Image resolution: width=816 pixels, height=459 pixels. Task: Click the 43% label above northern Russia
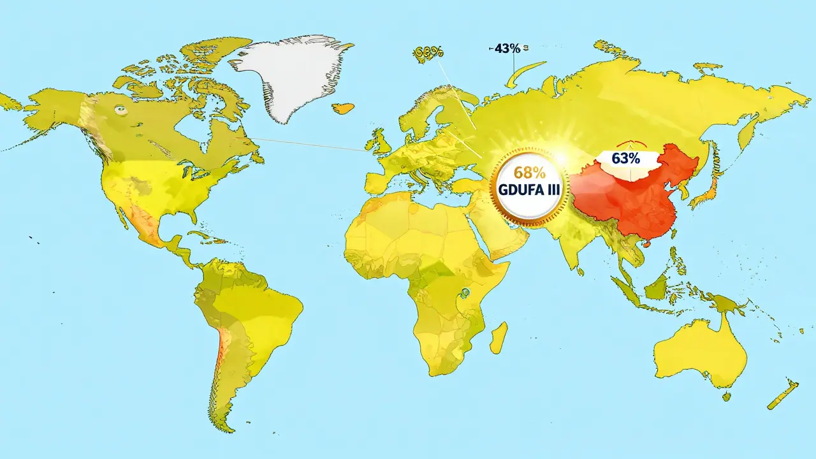click(x=504, y=48)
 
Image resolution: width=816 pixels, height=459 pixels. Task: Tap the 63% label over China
click(x=625, y=159)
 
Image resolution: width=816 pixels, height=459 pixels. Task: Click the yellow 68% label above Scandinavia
click(x=428, y=53)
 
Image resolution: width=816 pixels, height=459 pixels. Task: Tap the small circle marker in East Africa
click(x=467, y=293)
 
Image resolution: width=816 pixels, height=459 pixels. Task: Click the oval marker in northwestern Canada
click(x=119, y=110)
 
